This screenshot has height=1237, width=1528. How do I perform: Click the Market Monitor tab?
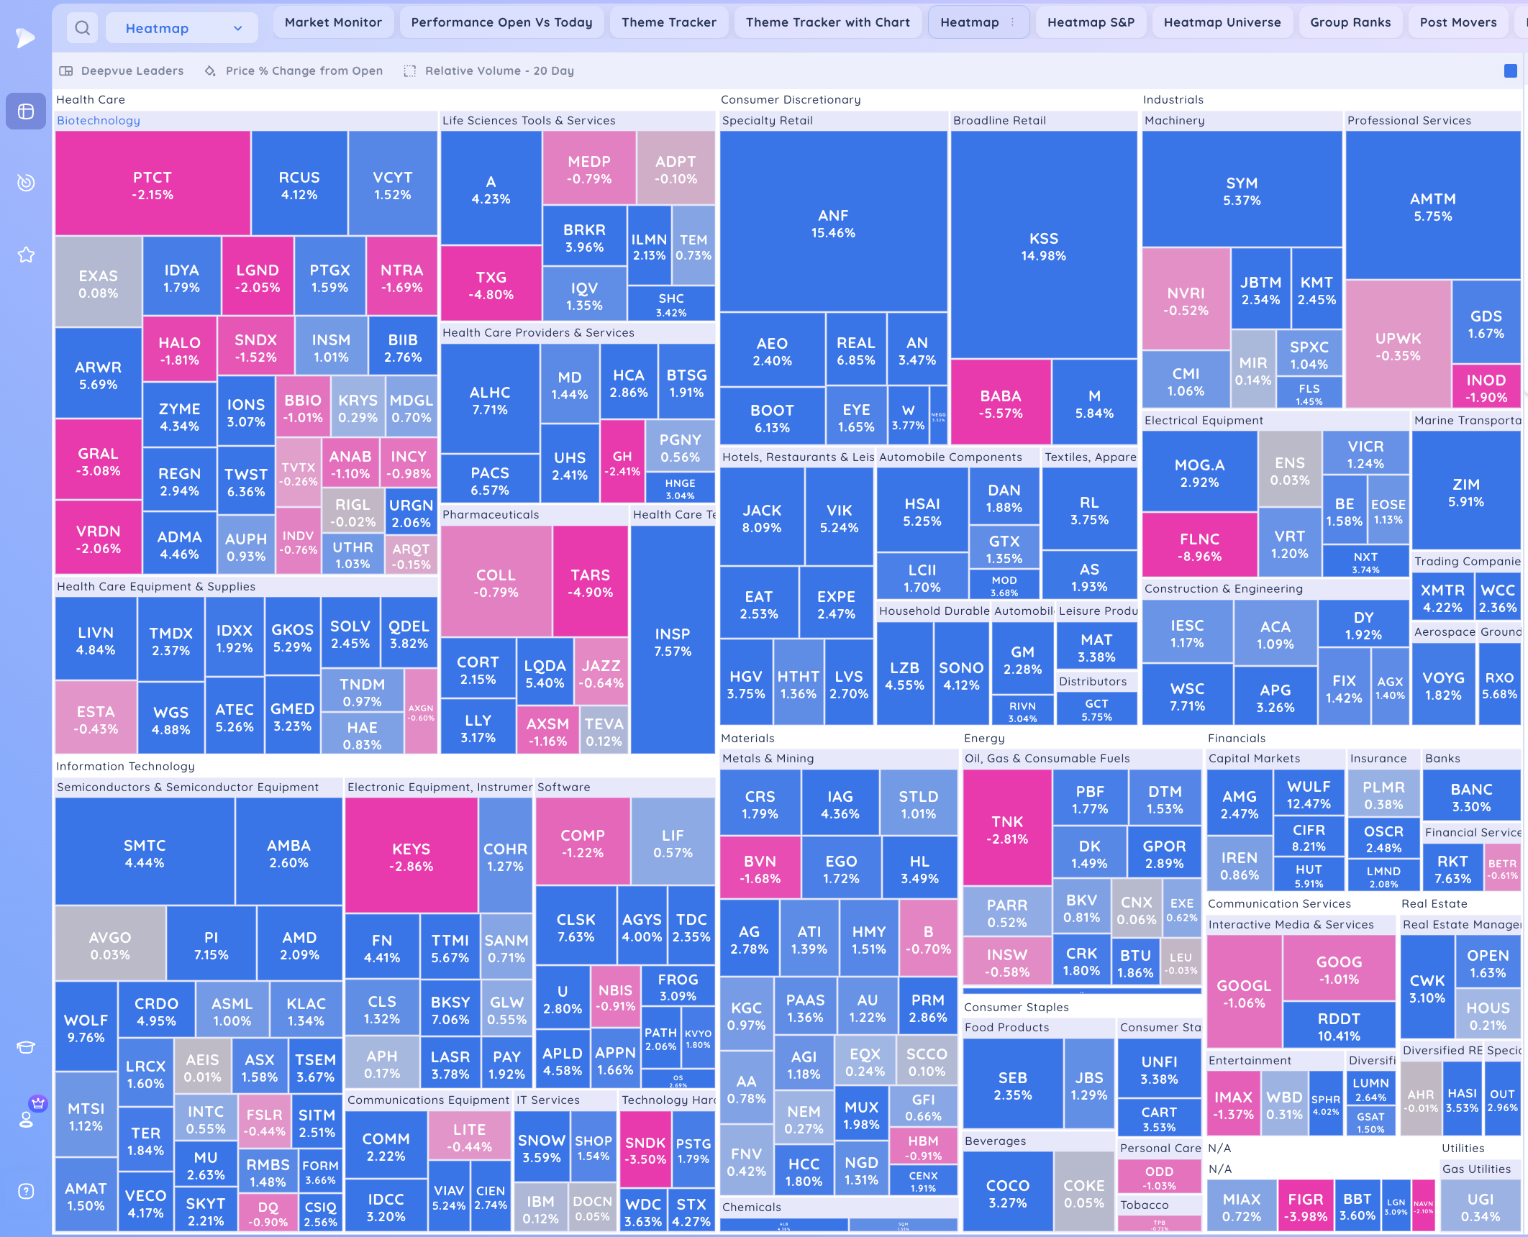[x=333, y=22]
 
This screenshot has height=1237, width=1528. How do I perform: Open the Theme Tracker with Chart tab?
[x=827, y=22]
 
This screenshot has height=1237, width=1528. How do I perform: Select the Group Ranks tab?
[x=1350, y=22]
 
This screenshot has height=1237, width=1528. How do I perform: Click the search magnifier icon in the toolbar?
[x=83, y=28]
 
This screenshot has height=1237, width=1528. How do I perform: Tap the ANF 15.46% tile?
[x=833, y=223]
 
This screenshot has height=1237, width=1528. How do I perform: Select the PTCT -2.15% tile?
[x=153, y=185]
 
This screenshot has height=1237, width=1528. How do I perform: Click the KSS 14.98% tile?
[x=1043, y=246]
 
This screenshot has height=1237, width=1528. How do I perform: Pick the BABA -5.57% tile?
[x=1000, y=403]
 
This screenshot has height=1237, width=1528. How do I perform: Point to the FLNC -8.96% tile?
[x=1199, y=547]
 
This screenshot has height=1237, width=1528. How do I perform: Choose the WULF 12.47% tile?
[x=1309, y=794]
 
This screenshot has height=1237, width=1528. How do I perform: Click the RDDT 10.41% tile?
[x=1339, y=1026]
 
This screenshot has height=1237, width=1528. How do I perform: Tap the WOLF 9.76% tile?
[x=86, y=1028]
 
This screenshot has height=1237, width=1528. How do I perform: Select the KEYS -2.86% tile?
[x=411, y=857]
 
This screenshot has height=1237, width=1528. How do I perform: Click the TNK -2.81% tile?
[x=1007, y=829]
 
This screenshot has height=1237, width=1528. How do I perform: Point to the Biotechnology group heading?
[x=99, y=120]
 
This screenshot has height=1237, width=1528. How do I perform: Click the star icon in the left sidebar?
[x=26, y=255]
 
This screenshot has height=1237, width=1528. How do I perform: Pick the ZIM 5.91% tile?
[x=1465, y=492]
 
